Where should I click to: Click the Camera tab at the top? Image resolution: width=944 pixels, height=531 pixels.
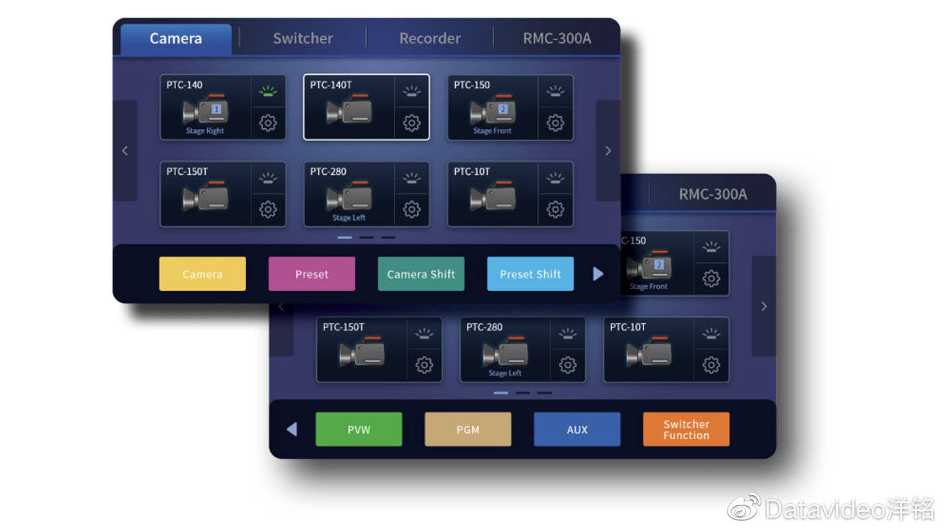coord(176,39)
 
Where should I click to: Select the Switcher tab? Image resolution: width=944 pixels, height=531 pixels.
coord(303,39)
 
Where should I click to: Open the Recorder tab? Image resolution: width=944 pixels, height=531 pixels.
coord(430,39)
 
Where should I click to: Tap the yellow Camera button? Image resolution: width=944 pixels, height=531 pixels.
coord(202,274)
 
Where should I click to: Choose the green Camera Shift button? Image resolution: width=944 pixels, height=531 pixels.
coord(421,274)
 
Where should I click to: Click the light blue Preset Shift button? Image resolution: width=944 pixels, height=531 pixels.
coord(530,274)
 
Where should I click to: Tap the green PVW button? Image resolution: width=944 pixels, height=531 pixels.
coord(359,429)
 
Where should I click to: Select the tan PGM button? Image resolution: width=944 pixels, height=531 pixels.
coord(468,429)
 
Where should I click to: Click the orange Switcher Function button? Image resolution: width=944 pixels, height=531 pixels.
coord(686,429)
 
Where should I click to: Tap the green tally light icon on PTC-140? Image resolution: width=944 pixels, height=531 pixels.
coord(268,91)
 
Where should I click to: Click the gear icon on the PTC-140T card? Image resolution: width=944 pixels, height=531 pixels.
coord(412,123)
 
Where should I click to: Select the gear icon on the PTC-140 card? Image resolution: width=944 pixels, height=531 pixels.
coord(268,123)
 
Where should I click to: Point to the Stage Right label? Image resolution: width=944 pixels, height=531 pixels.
coord(205,131)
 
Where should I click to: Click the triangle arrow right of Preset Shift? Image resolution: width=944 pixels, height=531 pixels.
coord(598,274)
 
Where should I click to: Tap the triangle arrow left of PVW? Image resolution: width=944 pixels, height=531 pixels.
coord(292,429)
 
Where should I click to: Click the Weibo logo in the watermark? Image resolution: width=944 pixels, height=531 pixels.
coord(744,507)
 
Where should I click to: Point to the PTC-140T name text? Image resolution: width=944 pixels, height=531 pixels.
coord(331,85)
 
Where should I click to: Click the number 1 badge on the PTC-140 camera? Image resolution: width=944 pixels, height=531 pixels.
coord(216,109)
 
